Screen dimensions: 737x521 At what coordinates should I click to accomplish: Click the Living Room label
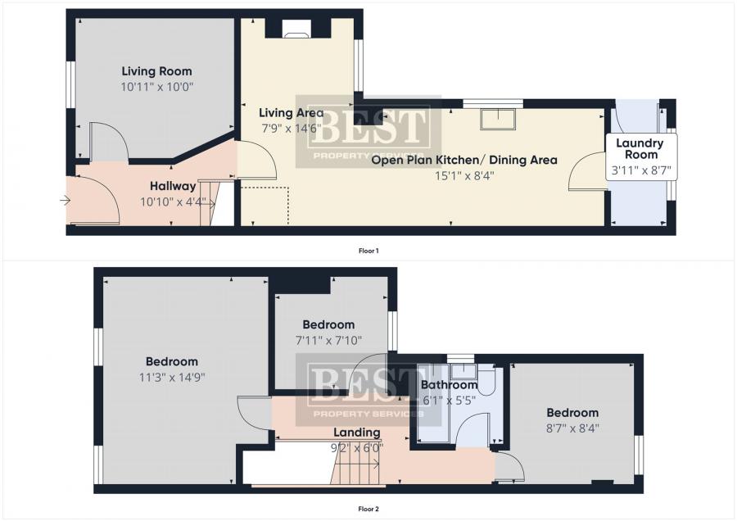coord(156,71)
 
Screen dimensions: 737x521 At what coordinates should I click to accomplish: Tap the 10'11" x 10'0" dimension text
coord(157,87)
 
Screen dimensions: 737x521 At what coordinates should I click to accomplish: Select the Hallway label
coord(173,187)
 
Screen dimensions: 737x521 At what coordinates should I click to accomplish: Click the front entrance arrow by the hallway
coord(65,201)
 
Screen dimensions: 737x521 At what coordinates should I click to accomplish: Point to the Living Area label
coord(292,113)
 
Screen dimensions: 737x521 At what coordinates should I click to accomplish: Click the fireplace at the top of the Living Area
coord(296,34)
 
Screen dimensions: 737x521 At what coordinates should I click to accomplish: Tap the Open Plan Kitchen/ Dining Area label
coord(464,161)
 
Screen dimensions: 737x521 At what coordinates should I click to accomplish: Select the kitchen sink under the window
coord(498,119)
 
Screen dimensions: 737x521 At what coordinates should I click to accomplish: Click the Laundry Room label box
coord(641,157)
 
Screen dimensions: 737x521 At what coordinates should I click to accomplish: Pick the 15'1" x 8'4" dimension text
coord(464,176)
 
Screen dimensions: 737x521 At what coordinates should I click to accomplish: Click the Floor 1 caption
coord(368,251)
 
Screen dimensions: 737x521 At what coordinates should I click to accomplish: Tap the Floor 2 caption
coord(368,509)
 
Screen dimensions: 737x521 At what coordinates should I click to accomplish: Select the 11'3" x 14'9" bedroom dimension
coord(172,378)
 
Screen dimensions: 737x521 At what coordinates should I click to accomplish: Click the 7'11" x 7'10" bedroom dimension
coord(328,341)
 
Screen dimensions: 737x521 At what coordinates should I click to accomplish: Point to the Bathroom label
coord(449,385)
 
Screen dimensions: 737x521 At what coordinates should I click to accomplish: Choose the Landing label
coord(357,433)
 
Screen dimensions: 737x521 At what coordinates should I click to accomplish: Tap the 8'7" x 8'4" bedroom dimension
coord(572,428)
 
